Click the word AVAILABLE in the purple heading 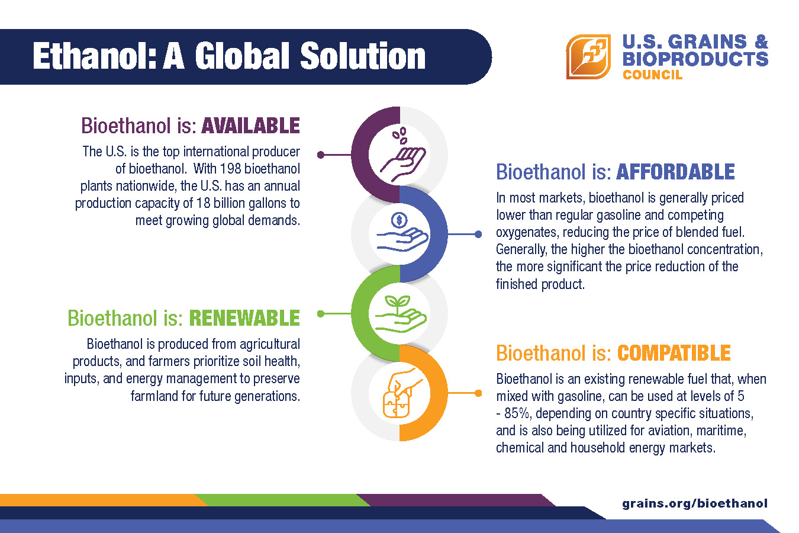pyautogui.click(x=250, y=126)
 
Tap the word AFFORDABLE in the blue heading pyautogui.click(x=675, y=172)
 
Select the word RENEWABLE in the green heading pyautogui.click(x=244, y=318)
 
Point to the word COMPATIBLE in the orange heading pyautogui.click(x=674, y=353)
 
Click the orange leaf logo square pyautogui.click(x=588, y=57)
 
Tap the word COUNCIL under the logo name pyautogui.click(x=652, y=75)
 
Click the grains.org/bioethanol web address pyautogui.click(x=695, y=503)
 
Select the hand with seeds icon pyautogui.click(x=402, y=155)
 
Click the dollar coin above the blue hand pyautogui.click(x=399, y=220)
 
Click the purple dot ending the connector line pyautogui.click(x=321, y=155)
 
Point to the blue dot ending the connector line pyautogui.click(x=478, y=234)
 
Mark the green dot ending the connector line pyautogui.click(x=321, y=314)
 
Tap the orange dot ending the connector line pyautogui.click(x=478, y=393)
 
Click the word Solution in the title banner pyautogui.click(x=363, y=56)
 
